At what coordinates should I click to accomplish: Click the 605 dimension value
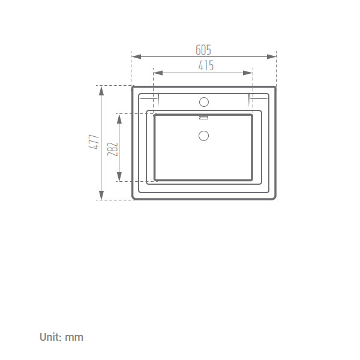(x=203, y=50)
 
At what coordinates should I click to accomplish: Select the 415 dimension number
(x=206, y=65)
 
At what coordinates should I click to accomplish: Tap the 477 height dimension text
(x=94, y=142)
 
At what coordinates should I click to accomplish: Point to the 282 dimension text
(x=113, y=149)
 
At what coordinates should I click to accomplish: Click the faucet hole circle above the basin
(x=204, y=102)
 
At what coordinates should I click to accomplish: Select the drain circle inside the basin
(x=203, y=136)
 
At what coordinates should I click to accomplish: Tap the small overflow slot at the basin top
(x=203, y=118)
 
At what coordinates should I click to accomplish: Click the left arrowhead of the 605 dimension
(x=136, y=56)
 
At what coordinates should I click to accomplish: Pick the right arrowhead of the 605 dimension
(x=271, y=56)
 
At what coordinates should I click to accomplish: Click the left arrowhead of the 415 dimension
(x=158, y=73)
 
